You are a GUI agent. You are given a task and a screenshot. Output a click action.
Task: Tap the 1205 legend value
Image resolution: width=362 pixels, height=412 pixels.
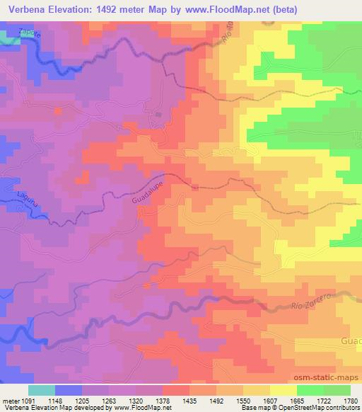click(82, 399)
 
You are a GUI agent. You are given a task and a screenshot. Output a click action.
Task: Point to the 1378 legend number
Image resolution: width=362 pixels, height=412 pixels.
click(162, 399)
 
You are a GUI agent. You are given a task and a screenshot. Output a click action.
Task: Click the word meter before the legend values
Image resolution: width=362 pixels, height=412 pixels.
click(10, 399)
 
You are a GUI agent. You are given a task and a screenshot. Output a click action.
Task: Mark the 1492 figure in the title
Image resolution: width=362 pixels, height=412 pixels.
click(103, 10)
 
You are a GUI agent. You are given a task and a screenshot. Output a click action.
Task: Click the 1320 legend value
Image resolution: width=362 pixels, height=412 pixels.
click(135, 399)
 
